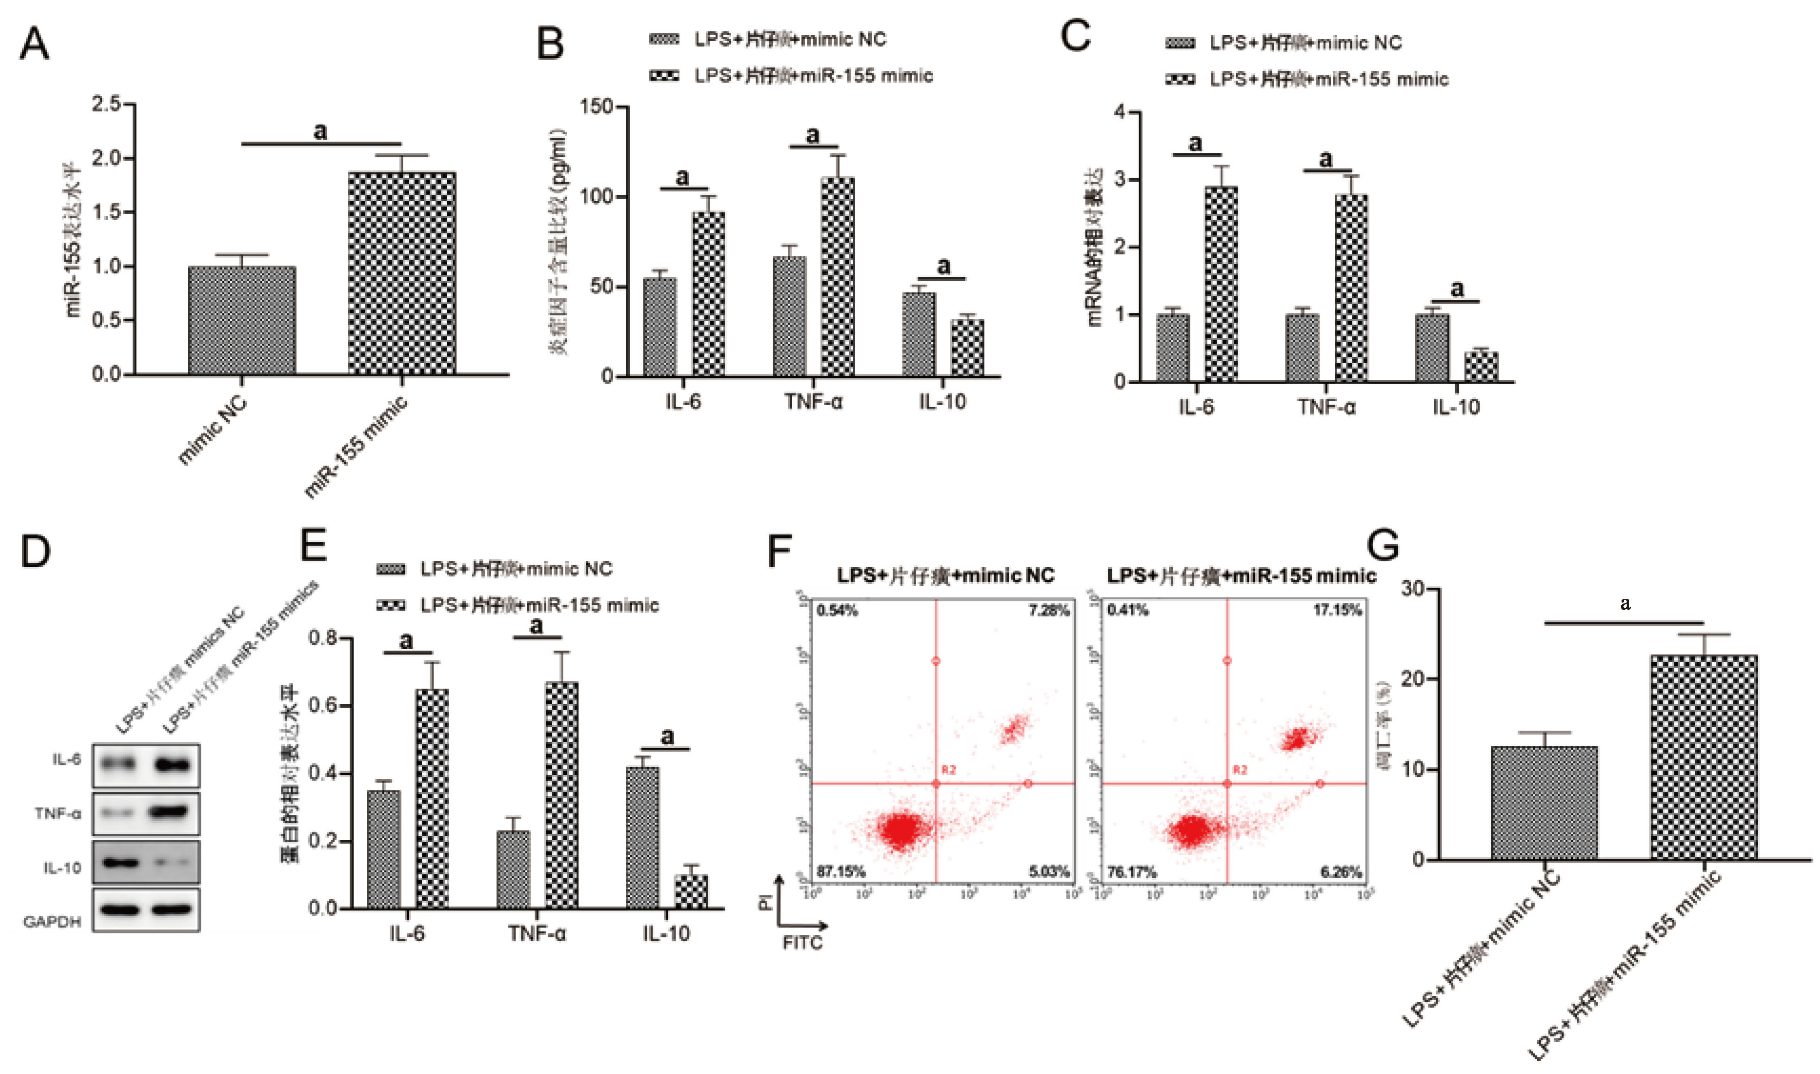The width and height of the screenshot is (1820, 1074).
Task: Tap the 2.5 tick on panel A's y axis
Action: (x=106, y=105)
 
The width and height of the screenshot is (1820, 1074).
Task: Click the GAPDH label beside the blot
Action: (x=52, y=921)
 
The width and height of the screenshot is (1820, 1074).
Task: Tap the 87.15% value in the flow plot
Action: (x=841, y=871)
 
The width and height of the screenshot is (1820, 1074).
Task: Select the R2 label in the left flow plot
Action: (x=948, y=770)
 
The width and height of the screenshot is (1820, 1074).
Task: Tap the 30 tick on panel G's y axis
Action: (x=1415, y=589)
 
